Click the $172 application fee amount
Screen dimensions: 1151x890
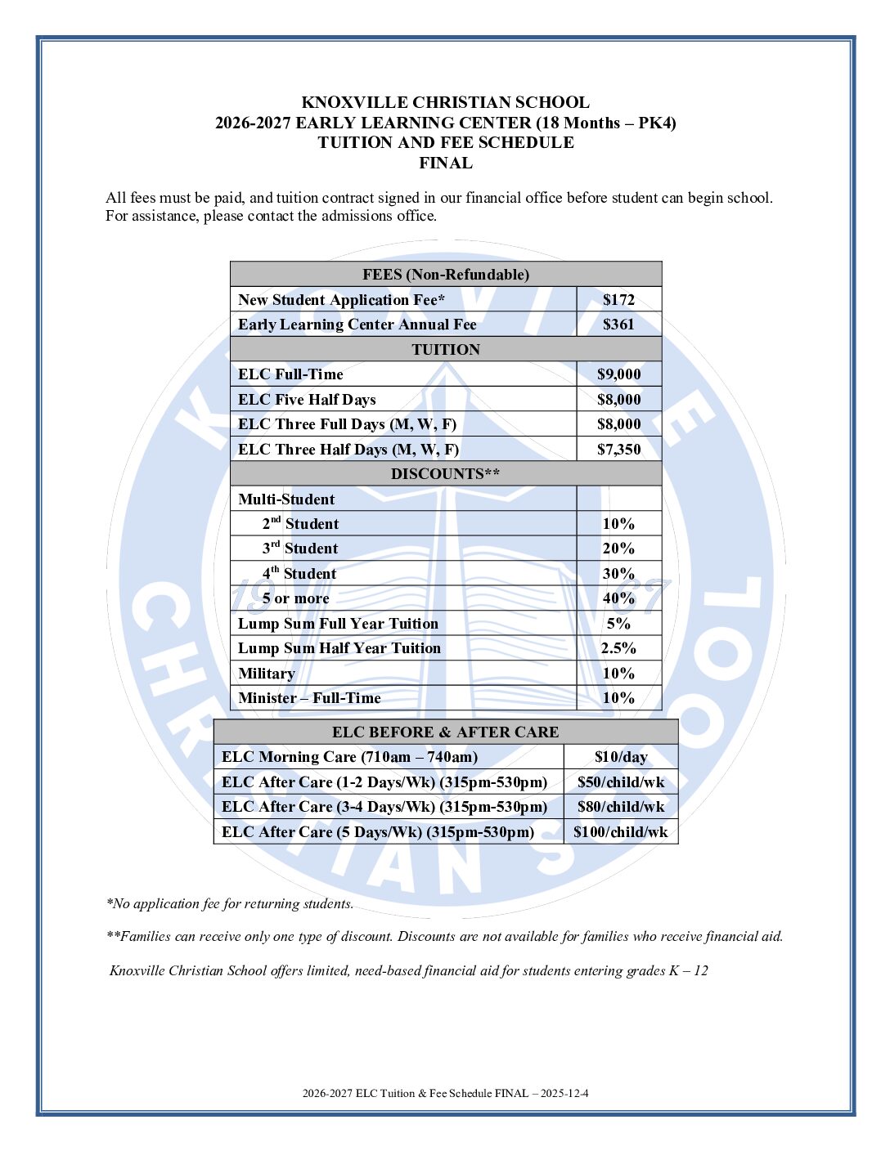[x=618, y=300]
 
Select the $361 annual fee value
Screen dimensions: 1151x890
[x=618, y=325]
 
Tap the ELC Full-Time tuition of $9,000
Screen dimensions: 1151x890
[x=618, y=374]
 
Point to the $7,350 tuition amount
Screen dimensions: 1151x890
[x=618, y=450]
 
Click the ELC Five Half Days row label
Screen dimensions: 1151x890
[x=307, y=400]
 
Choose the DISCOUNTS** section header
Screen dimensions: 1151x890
[x=445, y=474]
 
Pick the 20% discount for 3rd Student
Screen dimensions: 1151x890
[x=618, y=549]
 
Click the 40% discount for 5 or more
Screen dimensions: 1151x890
[x=618, y=598]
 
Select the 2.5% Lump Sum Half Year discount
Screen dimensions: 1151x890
[x=618, y=648]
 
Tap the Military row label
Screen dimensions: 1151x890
[x=266, y=674]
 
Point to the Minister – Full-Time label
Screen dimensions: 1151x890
[x=309, y=698]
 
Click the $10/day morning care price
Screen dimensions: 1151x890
[x=620, y=757]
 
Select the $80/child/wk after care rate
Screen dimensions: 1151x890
[x=620, y=807]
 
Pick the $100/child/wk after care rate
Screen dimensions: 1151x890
[x=620, y=832]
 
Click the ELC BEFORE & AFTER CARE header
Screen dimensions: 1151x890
[x=445, y=732]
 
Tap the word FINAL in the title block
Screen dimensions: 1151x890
[x=445, y=163]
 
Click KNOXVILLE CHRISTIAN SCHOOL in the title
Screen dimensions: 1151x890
[x=445, y=102]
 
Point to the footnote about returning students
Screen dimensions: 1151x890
[x=230, y=903]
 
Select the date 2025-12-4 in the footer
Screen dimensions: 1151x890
[x=564, y=1093]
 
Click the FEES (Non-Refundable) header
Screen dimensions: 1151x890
[x=445, y=275]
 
